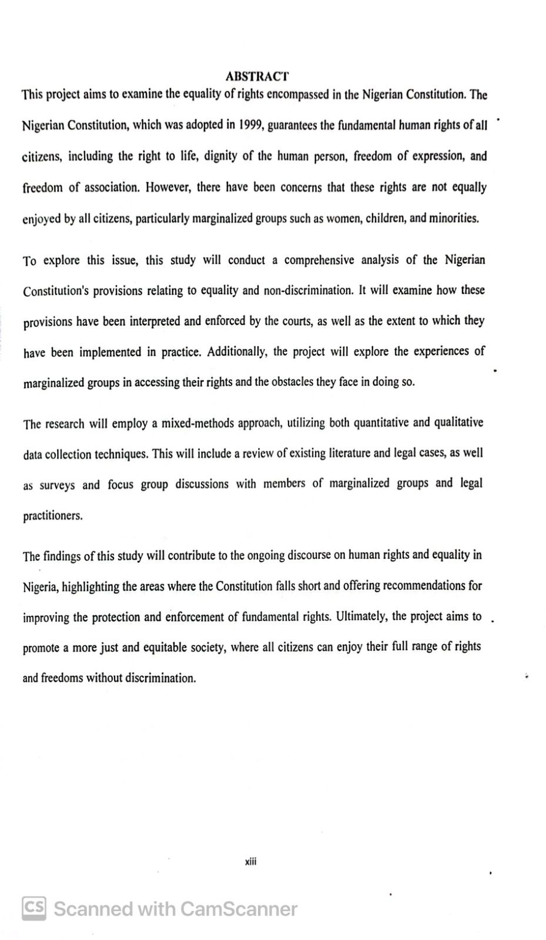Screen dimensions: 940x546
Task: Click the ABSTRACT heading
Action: (257, 76)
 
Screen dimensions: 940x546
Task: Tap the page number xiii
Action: (251, 862)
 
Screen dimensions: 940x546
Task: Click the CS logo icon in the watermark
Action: (34, 908)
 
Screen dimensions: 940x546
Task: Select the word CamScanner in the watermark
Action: (239, 909)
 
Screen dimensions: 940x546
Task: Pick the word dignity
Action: (220, 156)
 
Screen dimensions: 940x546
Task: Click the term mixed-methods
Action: (198, 424)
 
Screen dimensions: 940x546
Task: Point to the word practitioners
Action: (52, 516)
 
